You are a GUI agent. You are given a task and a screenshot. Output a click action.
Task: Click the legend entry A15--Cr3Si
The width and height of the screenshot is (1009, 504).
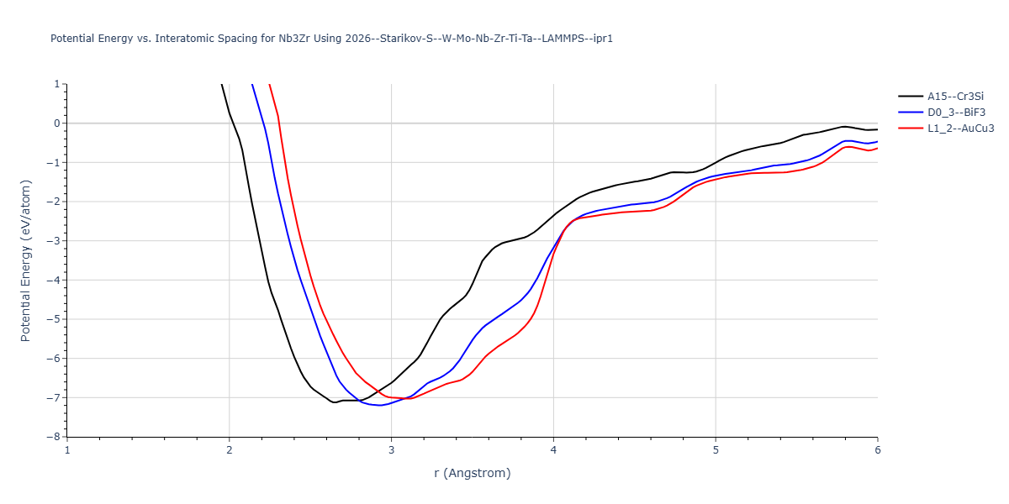coord(955,97)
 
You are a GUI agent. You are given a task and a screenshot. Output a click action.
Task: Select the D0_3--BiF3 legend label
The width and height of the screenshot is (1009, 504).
coord(955,113)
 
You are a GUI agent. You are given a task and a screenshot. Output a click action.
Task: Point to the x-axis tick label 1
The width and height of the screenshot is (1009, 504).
coord(67,449)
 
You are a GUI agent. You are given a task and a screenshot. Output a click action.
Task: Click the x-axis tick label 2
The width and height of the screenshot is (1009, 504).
coord(230,449)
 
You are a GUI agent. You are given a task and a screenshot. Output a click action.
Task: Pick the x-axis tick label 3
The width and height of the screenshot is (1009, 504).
coord(391,449)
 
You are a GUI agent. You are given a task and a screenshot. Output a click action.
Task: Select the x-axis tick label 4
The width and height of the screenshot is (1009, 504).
coord(553,449)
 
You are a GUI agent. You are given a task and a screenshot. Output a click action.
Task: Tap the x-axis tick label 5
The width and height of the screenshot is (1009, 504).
coord(716,449)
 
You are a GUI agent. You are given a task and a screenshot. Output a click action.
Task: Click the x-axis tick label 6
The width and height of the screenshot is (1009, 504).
coord(877,449)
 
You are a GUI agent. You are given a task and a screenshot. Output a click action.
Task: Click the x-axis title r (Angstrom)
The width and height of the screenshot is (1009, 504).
coord(472,473)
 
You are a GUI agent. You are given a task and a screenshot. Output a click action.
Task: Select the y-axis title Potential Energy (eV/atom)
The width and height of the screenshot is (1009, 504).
coord(25,260)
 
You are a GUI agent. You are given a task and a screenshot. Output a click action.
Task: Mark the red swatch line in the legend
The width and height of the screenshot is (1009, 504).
coord(911,129)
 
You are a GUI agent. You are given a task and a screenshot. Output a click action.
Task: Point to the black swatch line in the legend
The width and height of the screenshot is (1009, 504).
coord(911,97)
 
